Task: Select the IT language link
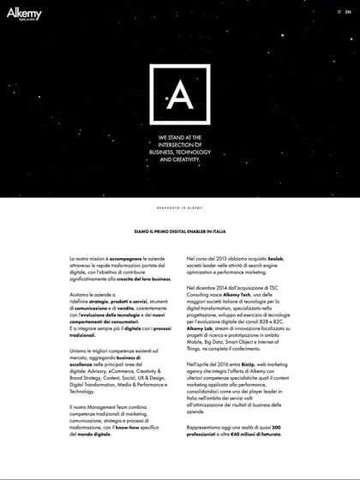339,13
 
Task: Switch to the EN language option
348,13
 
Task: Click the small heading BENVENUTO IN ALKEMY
179,207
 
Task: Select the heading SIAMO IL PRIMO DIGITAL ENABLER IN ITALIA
179,231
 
